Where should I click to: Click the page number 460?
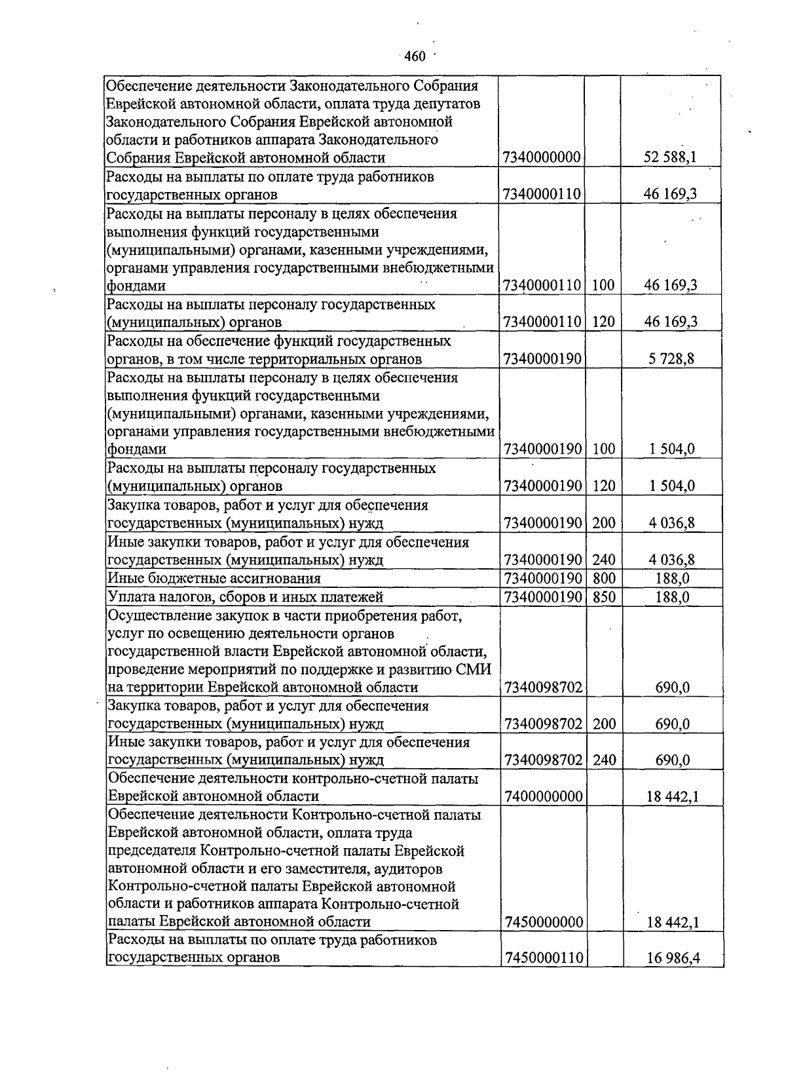tap(415, 56)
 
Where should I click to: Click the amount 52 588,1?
tap(670, 157)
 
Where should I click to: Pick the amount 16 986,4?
tap(673, 958)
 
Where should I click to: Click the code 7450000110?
tap(544, 958)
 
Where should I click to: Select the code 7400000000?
tap(544, 796)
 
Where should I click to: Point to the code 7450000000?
tap(544, 922)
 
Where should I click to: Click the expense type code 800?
tap(603, 579)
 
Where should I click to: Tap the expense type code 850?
tap(603, 597)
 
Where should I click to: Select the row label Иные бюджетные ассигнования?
tap(214, 579)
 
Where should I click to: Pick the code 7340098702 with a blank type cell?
tap(544, 688)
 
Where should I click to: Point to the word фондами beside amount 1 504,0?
tap(136, 450)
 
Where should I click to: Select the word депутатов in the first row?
tap(448, 104)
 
